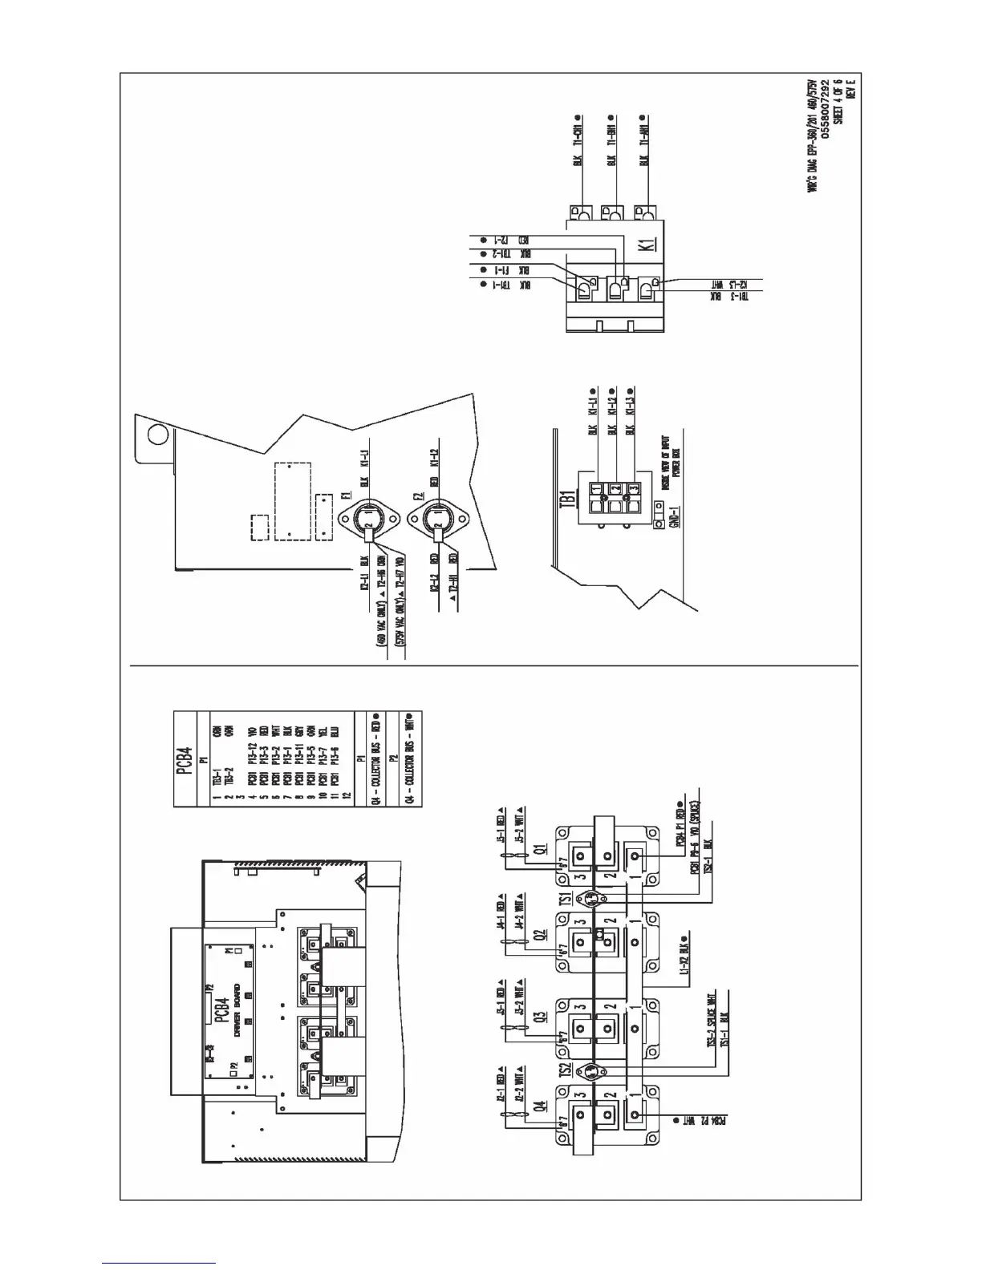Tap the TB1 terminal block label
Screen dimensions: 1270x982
[570, 502]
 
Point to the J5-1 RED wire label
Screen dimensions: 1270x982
[501, 827]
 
